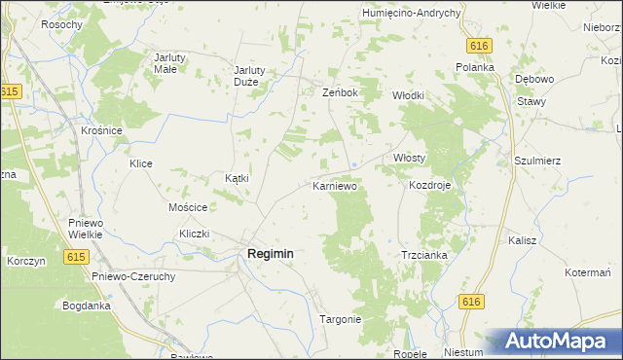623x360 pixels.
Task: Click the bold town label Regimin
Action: pyautogui.click(x=264, y=254)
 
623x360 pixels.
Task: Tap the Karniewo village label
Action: pyautogui.click(x=336, y=185)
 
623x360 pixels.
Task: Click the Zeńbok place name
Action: pyautogui.click(x=341, y=93)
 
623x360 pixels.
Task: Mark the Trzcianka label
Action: pyautogui.click(x=423, y=255)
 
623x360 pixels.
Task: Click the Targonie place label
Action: pyautogui.click(x=341, y=319)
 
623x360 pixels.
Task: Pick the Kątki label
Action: pyautogui.click(x=238, y=178)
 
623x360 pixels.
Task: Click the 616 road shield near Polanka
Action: pyautogui.click(x=477, y=46)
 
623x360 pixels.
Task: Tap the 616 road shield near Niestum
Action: pyautogui.click(x=471, y=303)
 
